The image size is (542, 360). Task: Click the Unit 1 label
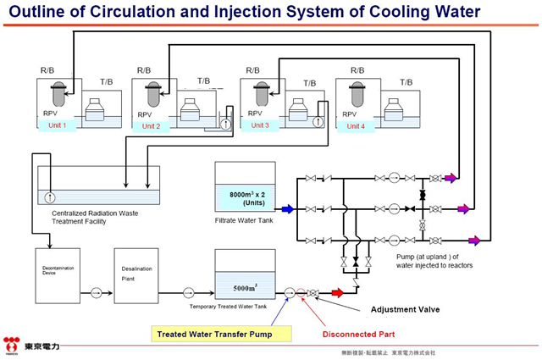pyautogui.click(x=58, y=125)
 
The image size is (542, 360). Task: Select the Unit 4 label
pyautogui.click(x=357, y=125)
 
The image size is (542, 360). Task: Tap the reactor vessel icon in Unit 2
pyautogui.click(x=153, y=91)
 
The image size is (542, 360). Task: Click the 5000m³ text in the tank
pyautogui.click(x=245, y=286)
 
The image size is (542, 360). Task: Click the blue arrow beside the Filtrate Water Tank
pyautogui.click(x=287, y=208)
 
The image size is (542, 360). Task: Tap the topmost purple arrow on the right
pyautogui.click(x=451, y=178)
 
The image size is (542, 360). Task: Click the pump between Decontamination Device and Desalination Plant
pyautogui.click(x=97, y=293)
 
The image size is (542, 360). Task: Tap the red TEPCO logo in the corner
pyautogui.click(x=11, y=346)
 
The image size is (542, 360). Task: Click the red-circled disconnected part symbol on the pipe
pyautogui.click(x=300, y=293)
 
